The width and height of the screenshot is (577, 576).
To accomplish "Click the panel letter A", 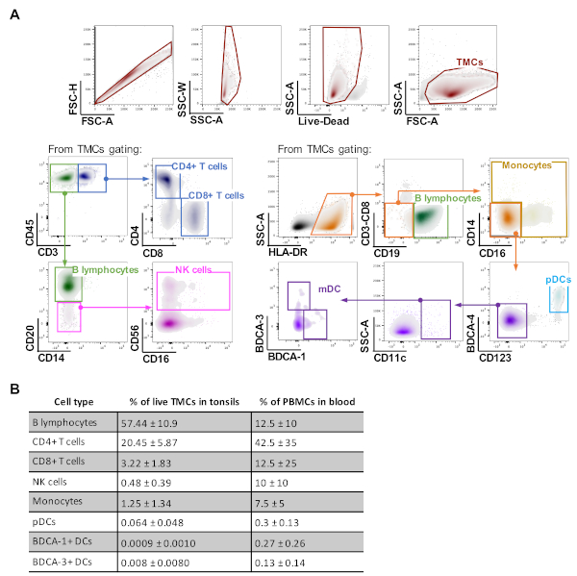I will [13, 13].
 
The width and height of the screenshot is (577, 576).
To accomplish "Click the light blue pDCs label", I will [558, 279].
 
